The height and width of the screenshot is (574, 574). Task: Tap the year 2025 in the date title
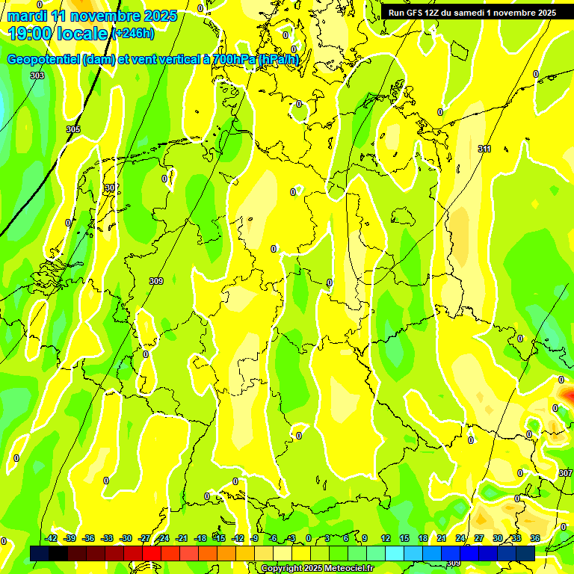tap(159, 16)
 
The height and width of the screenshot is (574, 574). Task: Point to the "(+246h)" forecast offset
tap(133, 34)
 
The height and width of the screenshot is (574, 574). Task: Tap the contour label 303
tap(37, 75)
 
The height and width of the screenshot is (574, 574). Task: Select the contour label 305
tap(72, 129)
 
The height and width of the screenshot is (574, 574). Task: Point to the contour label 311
tap(484, 149)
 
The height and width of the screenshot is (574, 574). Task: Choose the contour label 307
tap(565, 473)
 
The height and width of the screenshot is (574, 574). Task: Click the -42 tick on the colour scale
tap(51, 538)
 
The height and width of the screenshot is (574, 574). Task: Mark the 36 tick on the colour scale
tap(535, 538)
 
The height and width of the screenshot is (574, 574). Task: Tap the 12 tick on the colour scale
tap(385, 538)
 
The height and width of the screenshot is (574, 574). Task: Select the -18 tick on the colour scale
tap(200, 538)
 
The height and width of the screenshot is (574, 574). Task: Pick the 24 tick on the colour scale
tap(460, 538)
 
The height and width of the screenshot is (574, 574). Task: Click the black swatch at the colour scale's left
tap(58, 553)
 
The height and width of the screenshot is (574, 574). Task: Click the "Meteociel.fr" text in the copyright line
tap(346, 569)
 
